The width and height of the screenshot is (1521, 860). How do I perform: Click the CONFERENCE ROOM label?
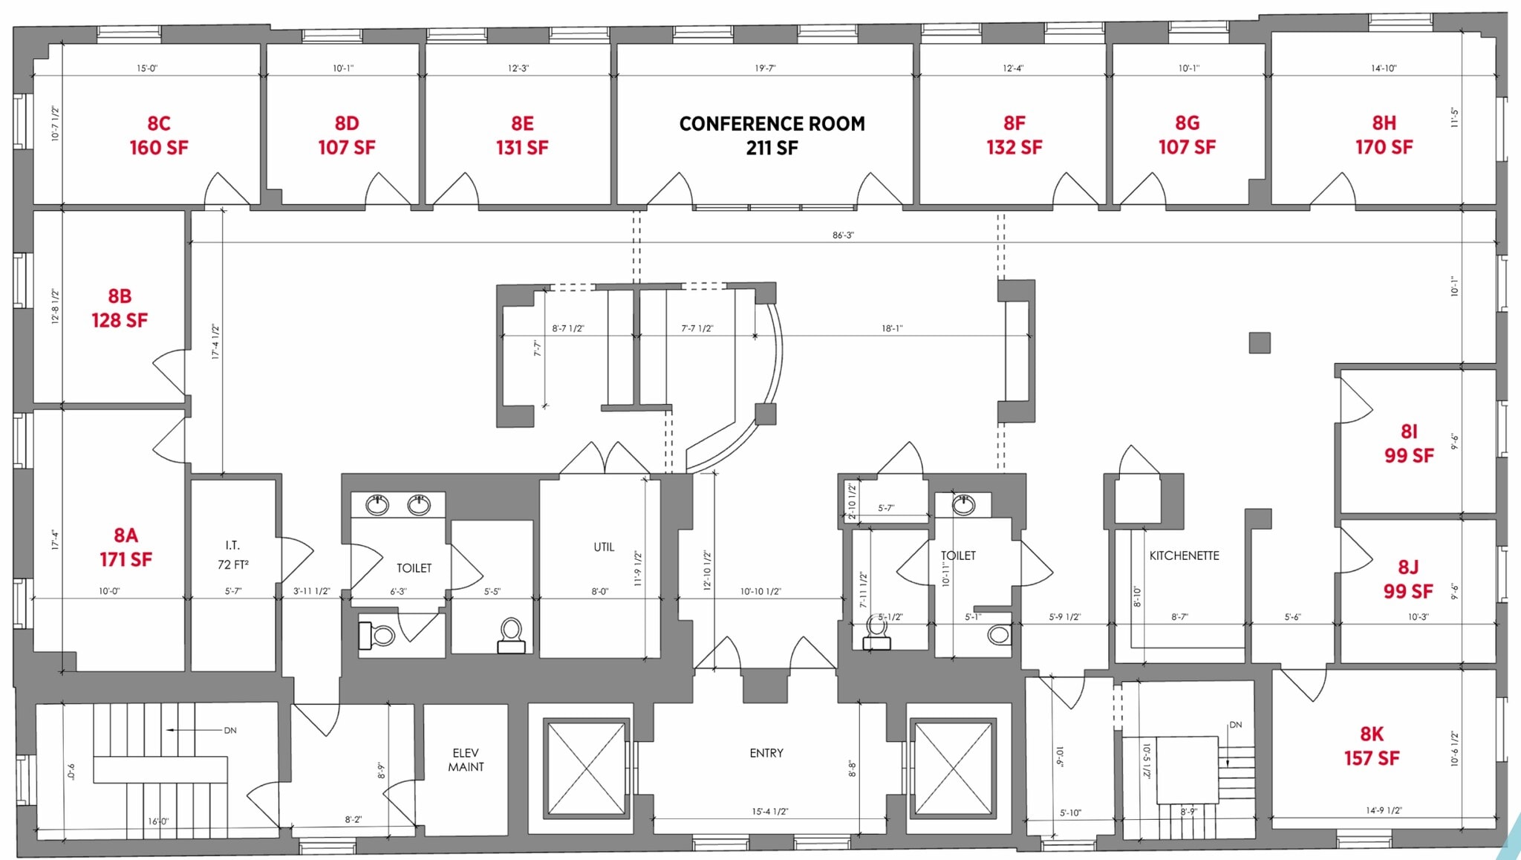click(772, 134)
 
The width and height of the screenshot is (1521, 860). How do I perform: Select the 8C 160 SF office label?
click(158, 135)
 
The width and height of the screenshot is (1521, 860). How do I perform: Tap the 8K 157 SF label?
click(1371, 746)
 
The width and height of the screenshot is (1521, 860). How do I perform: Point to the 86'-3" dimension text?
click(843, 235)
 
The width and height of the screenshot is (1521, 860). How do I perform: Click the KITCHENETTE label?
click(1184, 556)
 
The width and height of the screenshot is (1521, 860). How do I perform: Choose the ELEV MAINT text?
click(466, 760)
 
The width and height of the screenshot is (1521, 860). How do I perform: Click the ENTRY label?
click(766, 753)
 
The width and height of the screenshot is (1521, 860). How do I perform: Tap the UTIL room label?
click(604, 547)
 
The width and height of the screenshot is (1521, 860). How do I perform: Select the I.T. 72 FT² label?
click(232, 555)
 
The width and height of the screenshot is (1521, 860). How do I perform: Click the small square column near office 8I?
click(1260, 342)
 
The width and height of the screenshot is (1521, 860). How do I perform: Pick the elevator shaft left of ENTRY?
click(586, 769)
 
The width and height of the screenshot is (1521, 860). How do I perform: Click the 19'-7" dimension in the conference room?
click(765, 68)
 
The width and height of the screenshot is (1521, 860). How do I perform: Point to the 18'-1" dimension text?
click(892, 328)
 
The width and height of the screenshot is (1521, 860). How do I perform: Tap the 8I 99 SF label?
click(1408, 443)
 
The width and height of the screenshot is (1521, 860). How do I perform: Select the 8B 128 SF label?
click(120, 308)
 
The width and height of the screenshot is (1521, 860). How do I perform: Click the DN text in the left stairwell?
click(230, 730)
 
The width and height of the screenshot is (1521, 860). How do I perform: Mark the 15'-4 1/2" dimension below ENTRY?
click(769, 812)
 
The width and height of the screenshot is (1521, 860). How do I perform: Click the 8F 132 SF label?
click(1014, 135)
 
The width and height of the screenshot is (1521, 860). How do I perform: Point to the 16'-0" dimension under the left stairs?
click(158, 821)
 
